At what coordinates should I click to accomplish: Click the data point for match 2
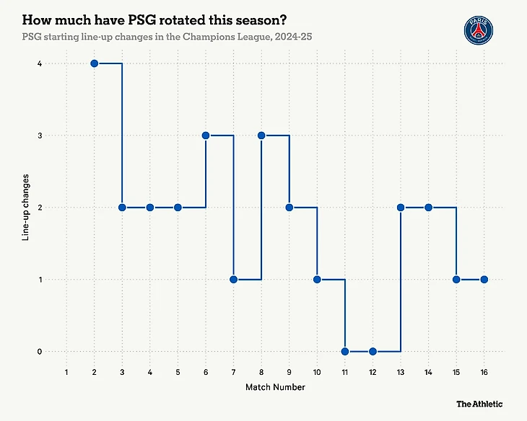95,63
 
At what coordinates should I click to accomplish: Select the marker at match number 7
234,279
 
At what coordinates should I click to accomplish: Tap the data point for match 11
345,351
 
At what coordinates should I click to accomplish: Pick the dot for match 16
484,279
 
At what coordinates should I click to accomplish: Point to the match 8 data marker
261,136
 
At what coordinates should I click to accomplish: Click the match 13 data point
401,208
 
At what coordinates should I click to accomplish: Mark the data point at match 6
206,136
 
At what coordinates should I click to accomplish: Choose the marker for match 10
317,279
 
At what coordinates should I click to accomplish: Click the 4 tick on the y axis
40,63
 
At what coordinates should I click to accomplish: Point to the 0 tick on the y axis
40,351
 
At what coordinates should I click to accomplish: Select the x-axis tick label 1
66,372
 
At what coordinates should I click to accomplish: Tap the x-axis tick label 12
373,372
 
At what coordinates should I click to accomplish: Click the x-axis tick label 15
456,372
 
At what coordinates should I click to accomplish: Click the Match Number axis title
275,387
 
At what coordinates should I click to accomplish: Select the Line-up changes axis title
26,208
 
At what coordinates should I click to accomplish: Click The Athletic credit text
479,404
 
